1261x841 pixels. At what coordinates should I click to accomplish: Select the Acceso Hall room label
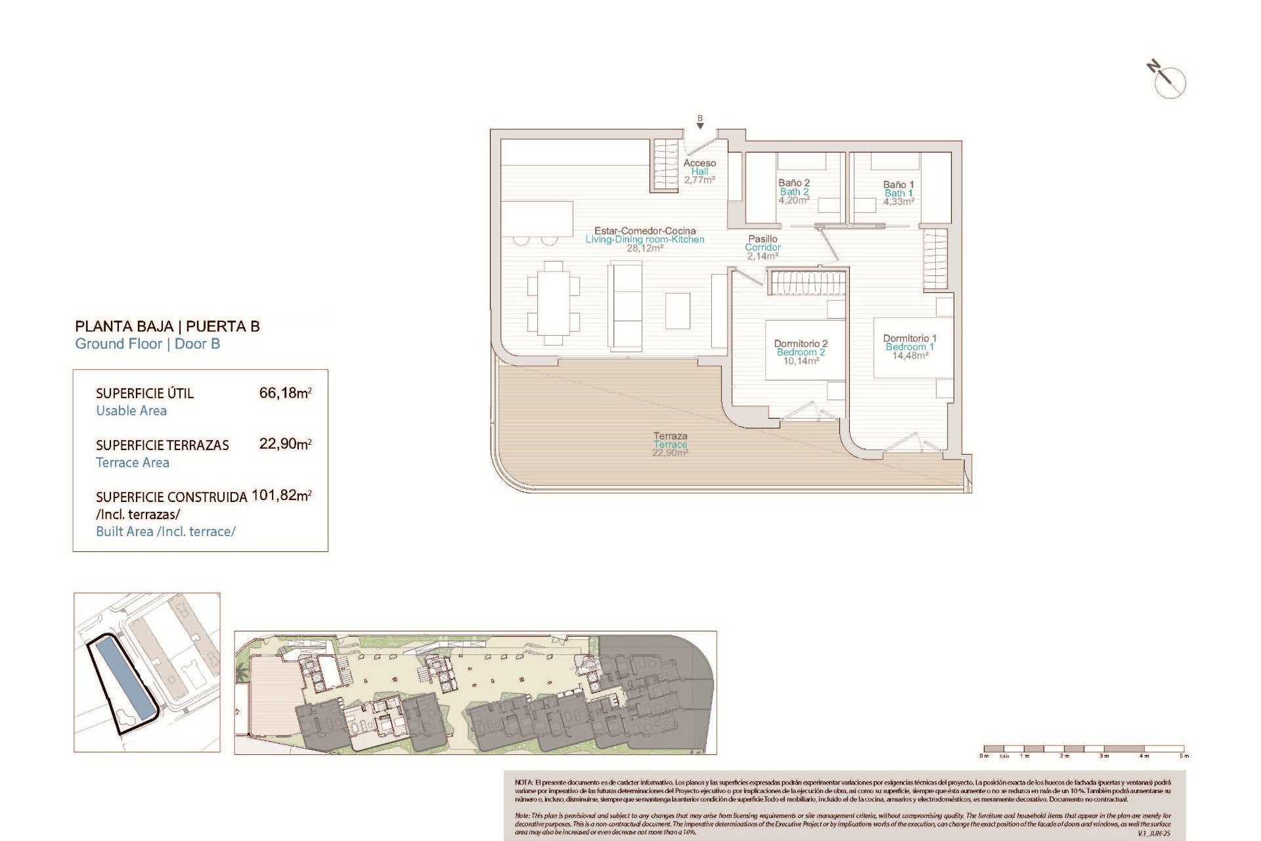point(699,167)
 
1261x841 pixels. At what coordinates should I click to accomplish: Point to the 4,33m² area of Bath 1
point(898,202)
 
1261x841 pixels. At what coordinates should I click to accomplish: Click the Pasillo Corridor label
point(763,243)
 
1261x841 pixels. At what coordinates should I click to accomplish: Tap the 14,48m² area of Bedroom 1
point(910,355)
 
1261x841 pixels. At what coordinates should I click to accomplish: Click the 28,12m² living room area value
point(644,248)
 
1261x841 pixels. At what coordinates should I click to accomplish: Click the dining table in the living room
point(553,303)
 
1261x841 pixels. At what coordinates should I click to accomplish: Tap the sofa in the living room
point(625,306)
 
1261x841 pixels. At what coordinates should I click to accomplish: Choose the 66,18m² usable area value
point(285,393)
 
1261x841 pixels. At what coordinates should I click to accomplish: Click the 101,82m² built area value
point(281,495)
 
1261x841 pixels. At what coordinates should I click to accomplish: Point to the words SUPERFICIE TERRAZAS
point(162,445)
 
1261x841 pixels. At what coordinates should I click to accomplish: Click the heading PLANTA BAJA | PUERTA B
point(167,327)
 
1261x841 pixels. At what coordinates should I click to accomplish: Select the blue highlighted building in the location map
point(123,679)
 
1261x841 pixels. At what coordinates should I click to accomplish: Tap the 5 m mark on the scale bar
point(1183,756)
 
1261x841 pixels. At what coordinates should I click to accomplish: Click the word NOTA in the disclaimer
point(523,783)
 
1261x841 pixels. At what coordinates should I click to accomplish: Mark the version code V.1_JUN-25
point(1154,832)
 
